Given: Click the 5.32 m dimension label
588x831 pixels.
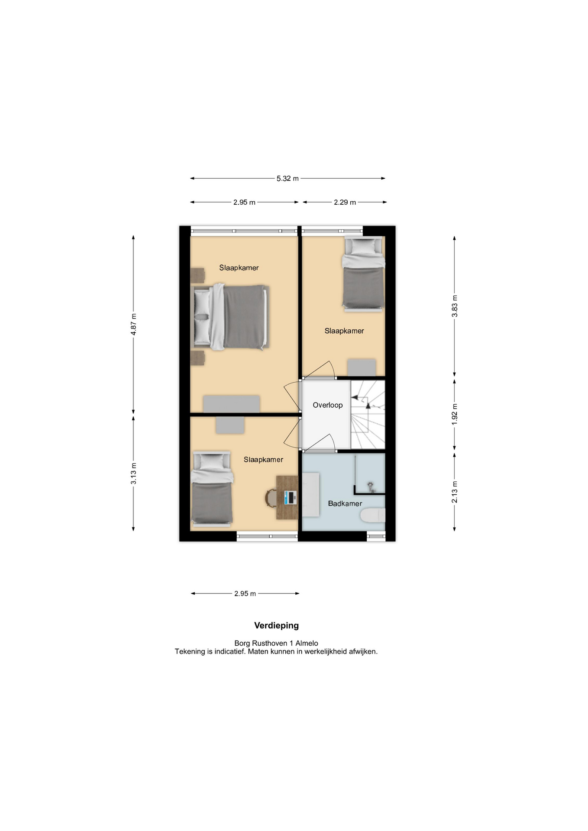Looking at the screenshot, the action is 288,178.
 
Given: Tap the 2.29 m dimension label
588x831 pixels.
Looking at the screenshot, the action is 345,202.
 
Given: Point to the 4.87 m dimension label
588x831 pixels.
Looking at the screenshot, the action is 134,324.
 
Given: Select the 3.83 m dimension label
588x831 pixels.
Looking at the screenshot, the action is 455,306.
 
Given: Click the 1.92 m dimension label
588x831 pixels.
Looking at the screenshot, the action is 455,414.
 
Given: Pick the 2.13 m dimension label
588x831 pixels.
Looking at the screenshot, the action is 455,492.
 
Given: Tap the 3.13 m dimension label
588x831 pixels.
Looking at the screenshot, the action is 134,473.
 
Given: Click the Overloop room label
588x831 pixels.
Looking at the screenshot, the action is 328,405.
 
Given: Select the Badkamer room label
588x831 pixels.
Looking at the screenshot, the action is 345,503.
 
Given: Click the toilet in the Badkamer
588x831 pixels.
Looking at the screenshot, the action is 373,515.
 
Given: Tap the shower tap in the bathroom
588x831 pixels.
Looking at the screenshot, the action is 371,486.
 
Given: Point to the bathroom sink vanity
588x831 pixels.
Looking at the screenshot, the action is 311,495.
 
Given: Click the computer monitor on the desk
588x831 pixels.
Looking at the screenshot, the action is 290,497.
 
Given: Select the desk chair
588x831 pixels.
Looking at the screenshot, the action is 271,498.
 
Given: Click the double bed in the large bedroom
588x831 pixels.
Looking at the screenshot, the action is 229,317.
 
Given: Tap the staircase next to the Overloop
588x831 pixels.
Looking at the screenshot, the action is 368,415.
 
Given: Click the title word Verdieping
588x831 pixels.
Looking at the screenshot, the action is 276,626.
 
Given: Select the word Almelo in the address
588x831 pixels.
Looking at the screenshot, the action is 307,644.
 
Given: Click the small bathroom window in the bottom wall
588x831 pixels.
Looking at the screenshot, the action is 376,537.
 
